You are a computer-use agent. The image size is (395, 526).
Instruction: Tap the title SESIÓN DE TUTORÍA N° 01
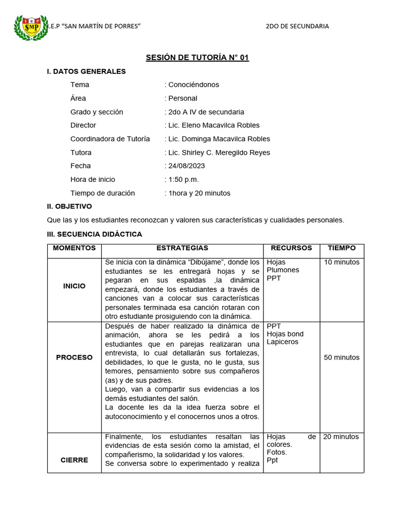pos(197,58)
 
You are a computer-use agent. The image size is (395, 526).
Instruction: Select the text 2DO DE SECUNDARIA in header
pos(297,26)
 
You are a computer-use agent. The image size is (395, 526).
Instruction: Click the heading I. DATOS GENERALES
pos(86,71)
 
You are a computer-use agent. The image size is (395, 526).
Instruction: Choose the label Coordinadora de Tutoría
pos(110,139)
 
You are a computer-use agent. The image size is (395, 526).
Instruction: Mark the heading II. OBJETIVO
pos(69,206)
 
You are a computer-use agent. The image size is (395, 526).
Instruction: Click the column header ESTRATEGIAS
pos(182,248)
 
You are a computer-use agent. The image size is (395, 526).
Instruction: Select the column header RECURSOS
pos(291,248)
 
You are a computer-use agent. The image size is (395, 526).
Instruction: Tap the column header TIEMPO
pos(342,248)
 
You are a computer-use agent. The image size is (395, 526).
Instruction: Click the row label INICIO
pos(74,286)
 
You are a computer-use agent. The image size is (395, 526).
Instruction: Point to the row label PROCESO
pos(74,358)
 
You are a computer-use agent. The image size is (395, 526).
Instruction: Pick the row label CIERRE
pos(74,460)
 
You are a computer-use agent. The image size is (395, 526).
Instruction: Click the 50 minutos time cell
pos(342,358)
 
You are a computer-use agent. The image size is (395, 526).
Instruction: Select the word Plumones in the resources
pos(282,270)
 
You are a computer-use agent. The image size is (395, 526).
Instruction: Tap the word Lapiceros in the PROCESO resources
pos(282,342)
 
